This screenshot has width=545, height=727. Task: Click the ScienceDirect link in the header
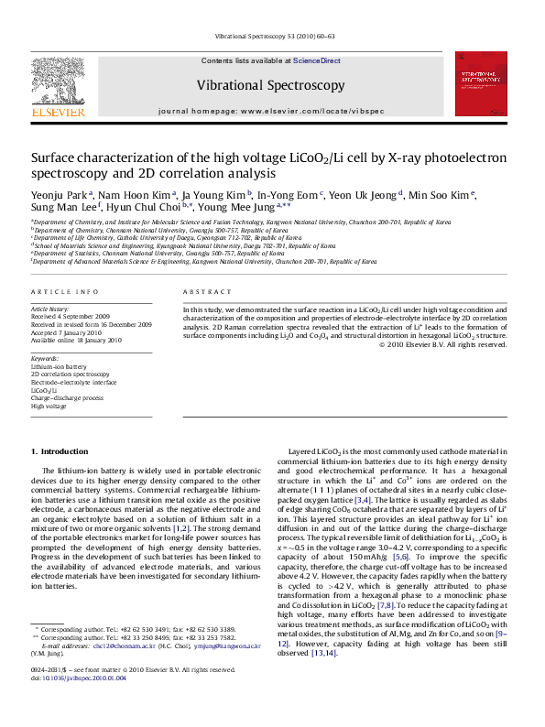tap(316, 60)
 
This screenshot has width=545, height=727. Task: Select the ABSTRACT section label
tap(205, 291)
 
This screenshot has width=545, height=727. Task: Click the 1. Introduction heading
tap(60, 451)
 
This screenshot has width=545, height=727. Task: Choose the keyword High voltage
tap(49, 407)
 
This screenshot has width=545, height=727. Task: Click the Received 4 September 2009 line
tap(71, 317)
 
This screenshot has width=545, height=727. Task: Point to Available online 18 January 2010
tap(76, 340)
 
